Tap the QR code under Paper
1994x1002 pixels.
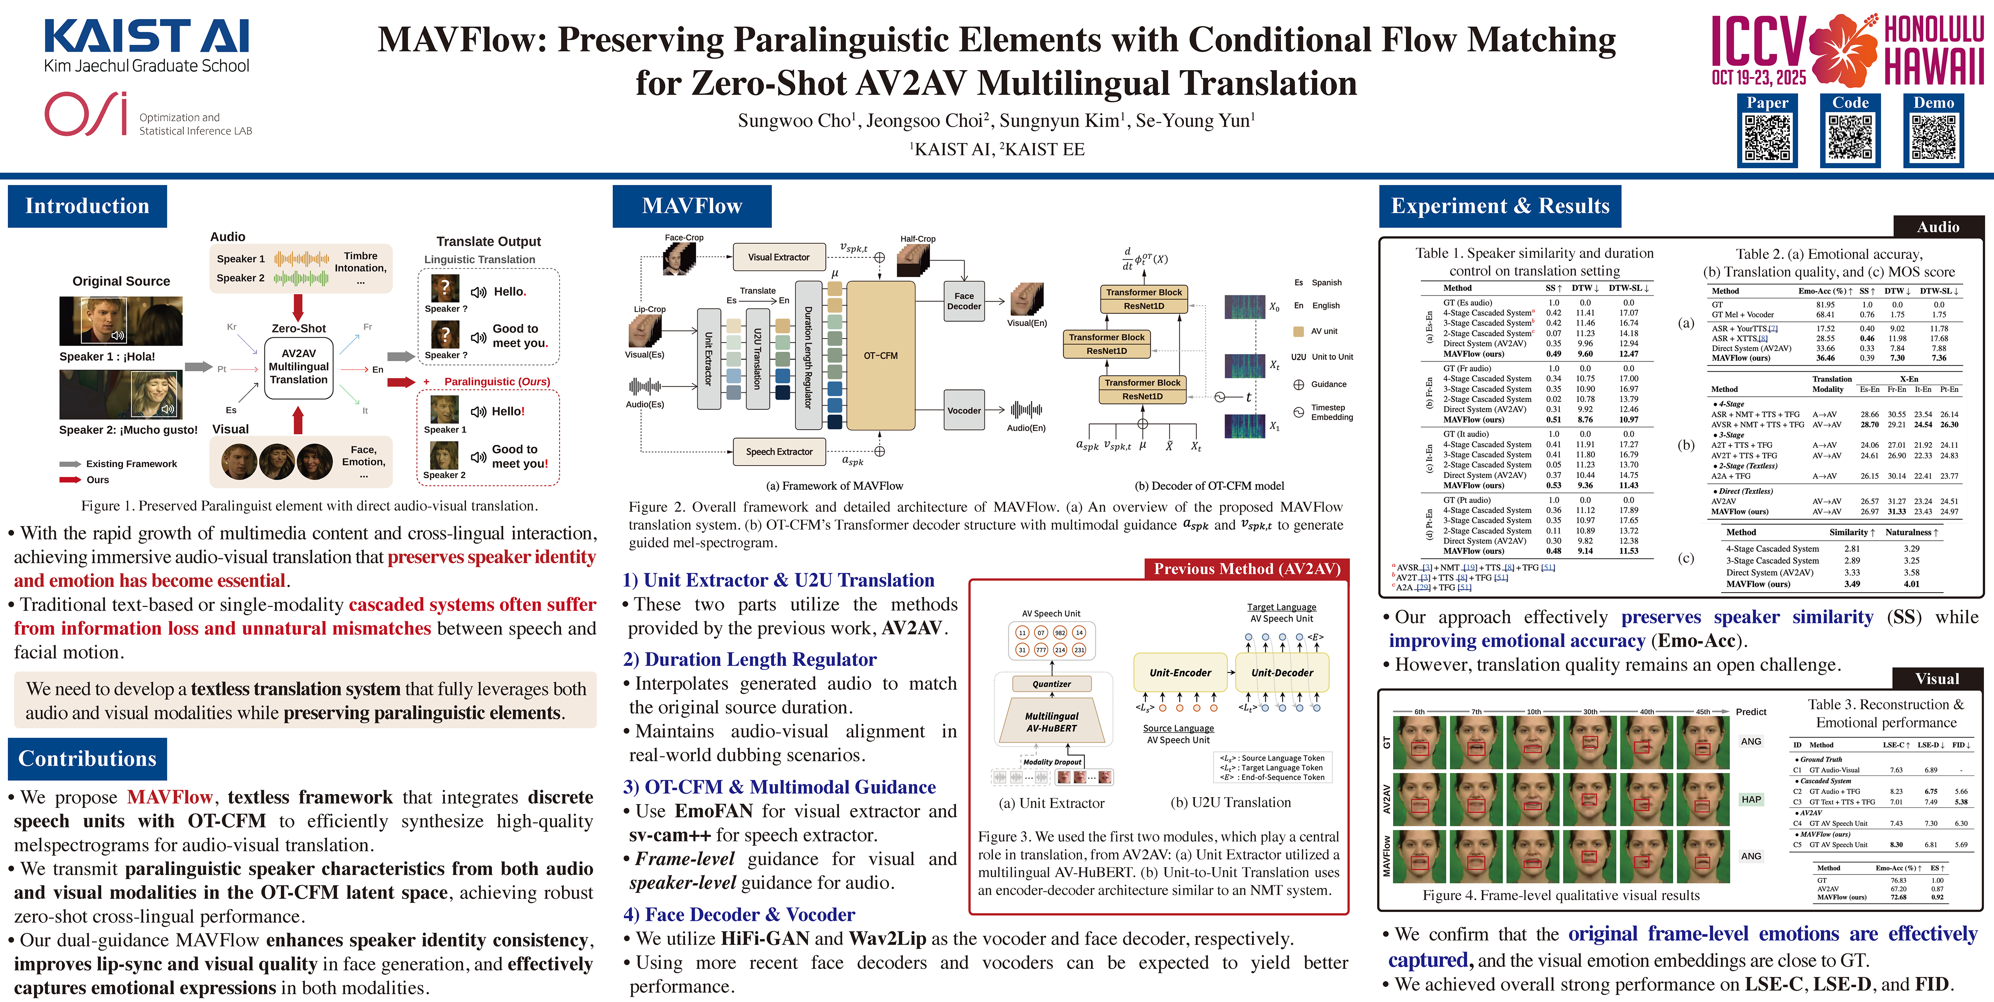pyautogui.click(x=1767, y=138)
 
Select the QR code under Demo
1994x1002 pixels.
pyautogui.click(x=1933, y=138)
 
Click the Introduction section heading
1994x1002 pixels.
pyautogui.click(x=88, y=206)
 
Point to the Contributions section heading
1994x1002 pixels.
pyautogui.click(x=88, y=759)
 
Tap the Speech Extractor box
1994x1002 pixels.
pyautogui.click(x=779, y=452)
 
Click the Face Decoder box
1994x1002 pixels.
pyautogui.click(x=964, y=301)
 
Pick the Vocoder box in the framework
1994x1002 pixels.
pyautogui.click(x=964, y=410)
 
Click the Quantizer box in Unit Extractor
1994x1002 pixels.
pyautogui.click(x=1051, y=684)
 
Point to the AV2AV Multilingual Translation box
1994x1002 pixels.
pyautogui.click(x=299, y=367)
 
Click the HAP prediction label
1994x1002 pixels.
pyautogui.click(x=1751, y=799)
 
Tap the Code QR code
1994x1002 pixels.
pyautogui.click(x=1850, y=138)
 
